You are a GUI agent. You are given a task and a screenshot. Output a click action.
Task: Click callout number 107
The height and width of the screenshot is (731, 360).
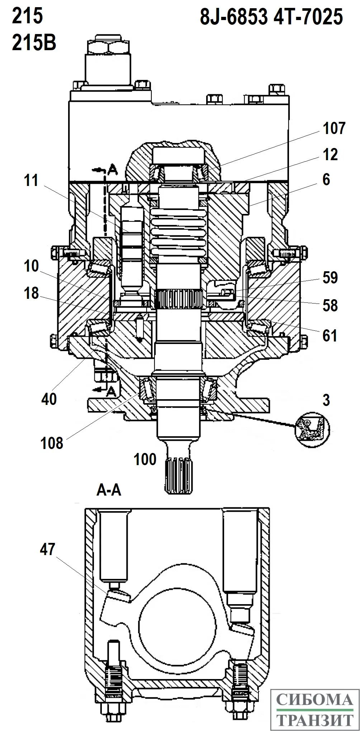pos(334,128)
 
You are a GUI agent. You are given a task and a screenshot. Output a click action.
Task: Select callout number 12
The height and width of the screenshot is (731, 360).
pos(330,154)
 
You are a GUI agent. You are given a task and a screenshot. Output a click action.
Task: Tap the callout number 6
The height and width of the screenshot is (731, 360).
pos(326,180)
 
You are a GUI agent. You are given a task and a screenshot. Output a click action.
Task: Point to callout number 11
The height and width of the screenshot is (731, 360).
pos(31,180)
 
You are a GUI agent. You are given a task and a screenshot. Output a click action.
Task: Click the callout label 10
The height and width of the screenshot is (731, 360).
pos(31,266)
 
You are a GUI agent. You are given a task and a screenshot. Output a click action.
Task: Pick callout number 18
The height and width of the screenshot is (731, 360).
pos(31,293)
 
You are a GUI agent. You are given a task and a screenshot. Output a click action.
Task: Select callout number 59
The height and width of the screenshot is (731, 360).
pos(330,278)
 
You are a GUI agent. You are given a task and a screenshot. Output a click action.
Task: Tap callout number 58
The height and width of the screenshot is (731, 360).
pos(330,305)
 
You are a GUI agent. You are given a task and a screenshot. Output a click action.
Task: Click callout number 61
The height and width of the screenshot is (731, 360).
pos(330,336)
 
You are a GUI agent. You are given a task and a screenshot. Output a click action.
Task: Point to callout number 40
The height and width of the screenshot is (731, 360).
pos(49,398)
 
